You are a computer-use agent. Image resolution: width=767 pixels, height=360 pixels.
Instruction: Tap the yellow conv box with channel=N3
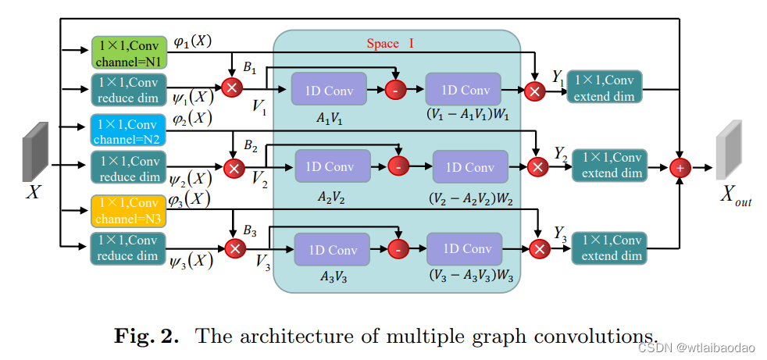tap(128, 210)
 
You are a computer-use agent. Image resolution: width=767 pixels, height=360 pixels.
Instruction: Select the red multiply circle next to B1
tap(231, 87)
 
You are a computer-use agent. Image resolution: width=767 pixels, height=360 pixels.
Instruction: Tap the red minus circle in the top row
tap(395, 91)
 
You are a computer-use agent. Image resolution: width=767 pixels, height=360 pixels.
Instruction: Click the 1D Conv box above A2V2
tap(329, 166)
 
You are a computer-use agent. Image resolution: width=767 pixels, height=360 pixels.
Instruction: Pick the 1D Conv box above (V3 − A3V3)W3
tap(467, 249)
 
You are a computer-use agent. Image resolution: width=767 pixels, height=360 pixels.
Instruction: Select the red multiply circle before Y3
tap(539, 249)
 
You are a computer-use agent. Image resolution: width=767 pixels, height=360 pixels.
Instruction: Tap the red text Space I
tap(390, 44)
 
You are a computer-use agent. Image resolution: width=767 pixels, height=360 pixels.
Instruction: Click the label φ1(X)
tap(191, 41)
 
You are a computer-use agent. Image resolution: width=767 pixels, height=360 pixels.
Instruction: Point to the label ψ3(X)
tap(191, 260)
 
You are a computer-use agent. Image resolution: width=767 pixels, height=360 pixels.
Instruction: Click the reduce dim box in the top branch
tap(128, 89)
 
